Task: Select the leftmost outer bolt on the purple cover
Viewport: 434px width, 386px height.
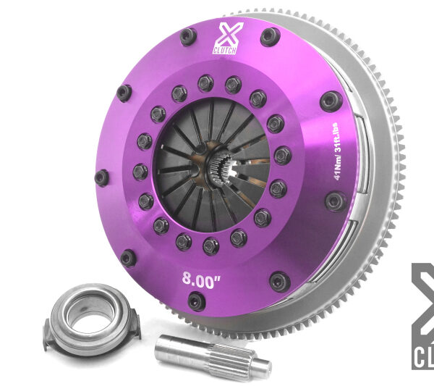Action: pyautogui.click(x=102, y=176)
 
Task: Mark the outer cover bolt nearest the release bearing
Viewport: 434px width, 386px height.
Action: pyautogui.click(x=128, y=257)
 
